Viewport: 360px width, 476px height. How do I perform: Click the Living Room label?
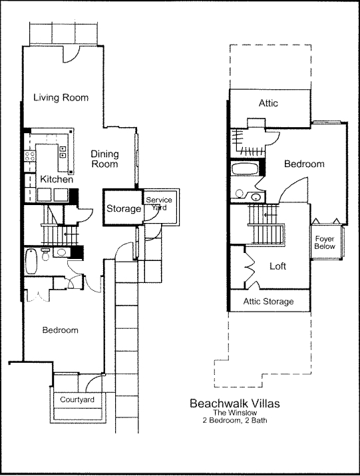61,98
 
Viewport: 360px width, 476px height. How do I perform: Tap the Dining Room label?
104,158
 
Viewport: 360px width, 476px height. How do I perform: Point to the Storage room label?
124,209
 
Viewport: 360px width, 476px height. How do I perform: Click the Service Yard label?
158,203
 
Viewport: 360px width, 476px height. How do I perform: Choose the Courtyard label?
77,399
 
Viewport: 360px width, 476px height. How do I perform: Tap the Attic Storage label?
268,302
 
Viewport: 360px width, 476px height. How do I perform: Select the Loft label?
278,266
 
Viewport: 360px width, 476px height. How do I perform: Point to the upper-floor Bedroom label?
304,164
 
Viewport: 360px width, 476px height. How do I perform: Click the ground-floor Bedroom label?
61,330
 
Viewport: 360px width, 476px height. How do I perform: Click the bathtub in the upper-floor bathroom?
247,168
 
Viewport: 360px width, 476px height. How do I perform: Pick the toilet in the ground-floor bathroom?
45,254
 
